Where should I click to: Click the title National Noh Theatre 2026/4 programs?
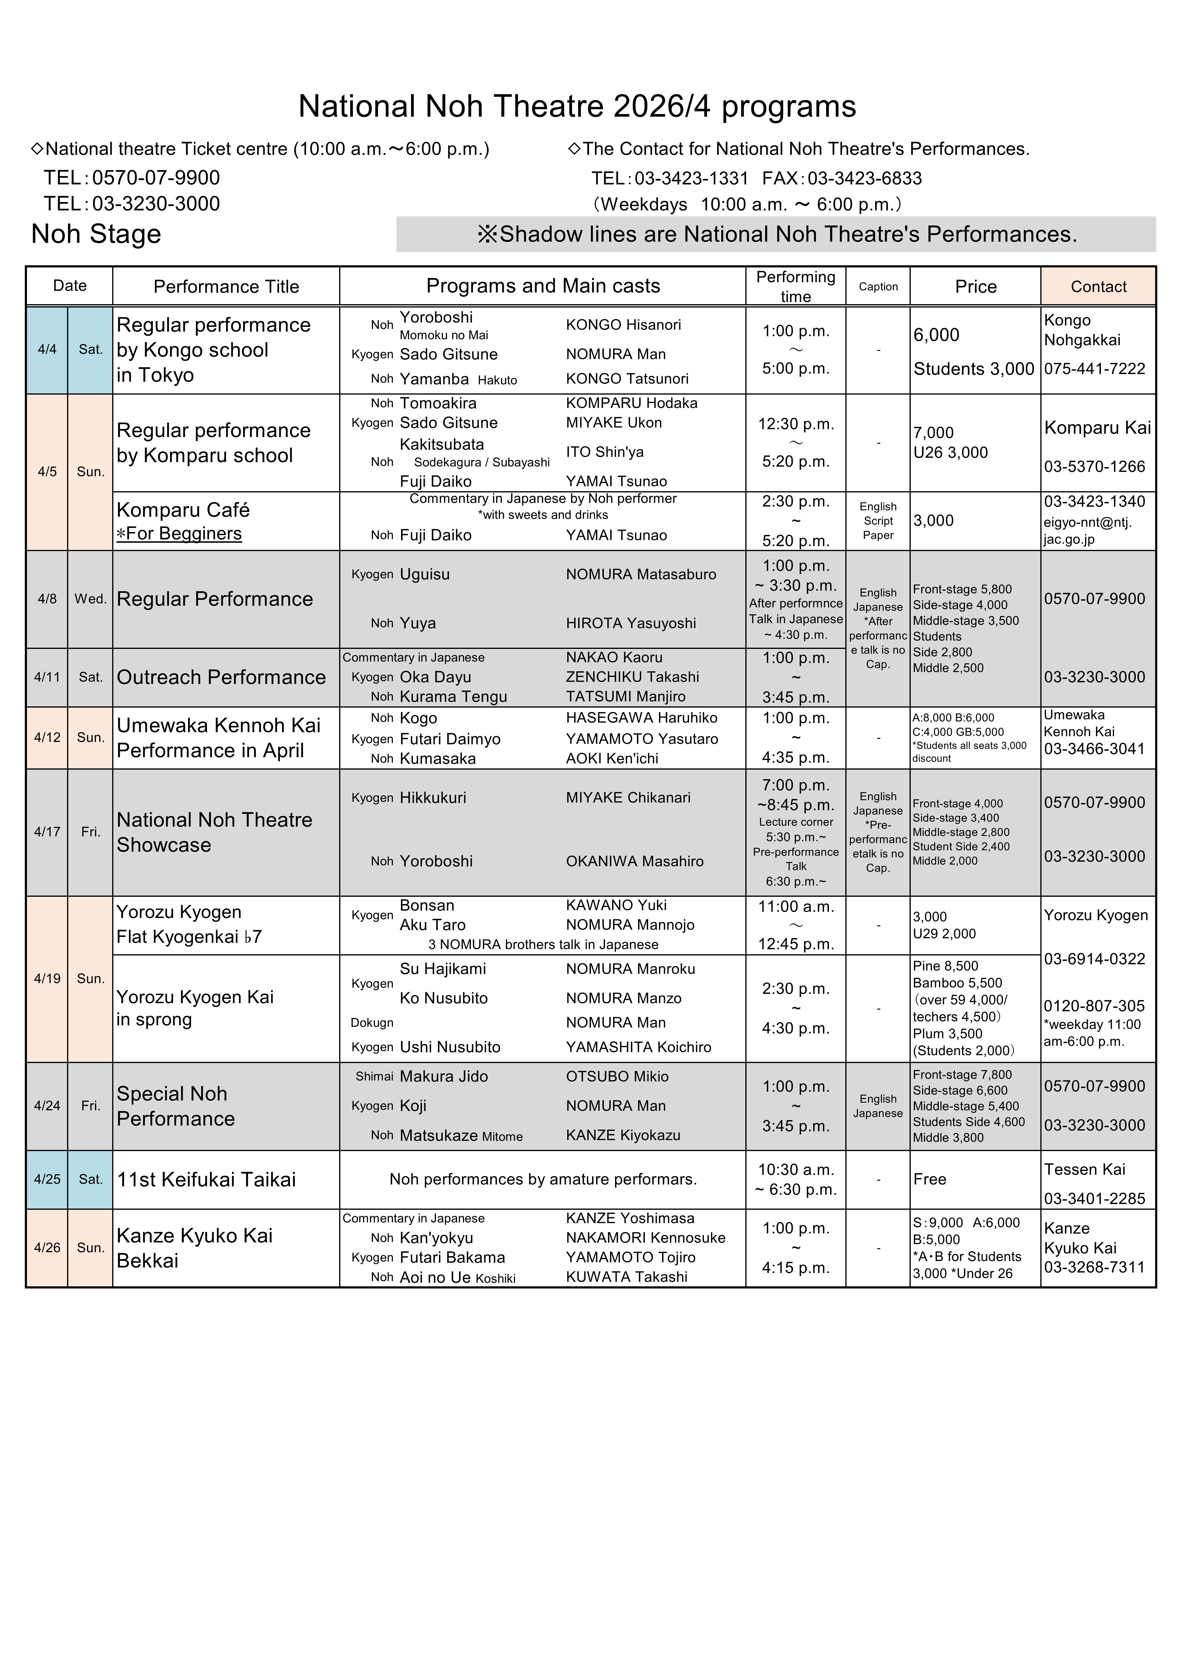(x=577, y=106)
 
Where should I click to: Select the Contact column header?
(x=1098, y=287)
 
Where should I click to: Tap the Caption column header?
(x=878, y=287)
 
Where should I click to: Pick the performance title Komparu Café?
(x=183, y=510)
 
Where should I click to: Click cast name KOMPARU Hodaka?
(x=631, y=403)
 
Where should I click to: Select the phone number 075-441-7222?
(x=1094, y=369)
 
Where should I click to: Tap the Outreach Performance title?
(x=221, y=677)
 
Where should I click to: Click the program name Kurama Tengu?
(x=453, y=697)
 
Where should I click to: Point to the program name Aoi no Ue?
(x=435, y=1277)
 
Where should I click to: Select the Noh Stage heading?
(x=96, y=234)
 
